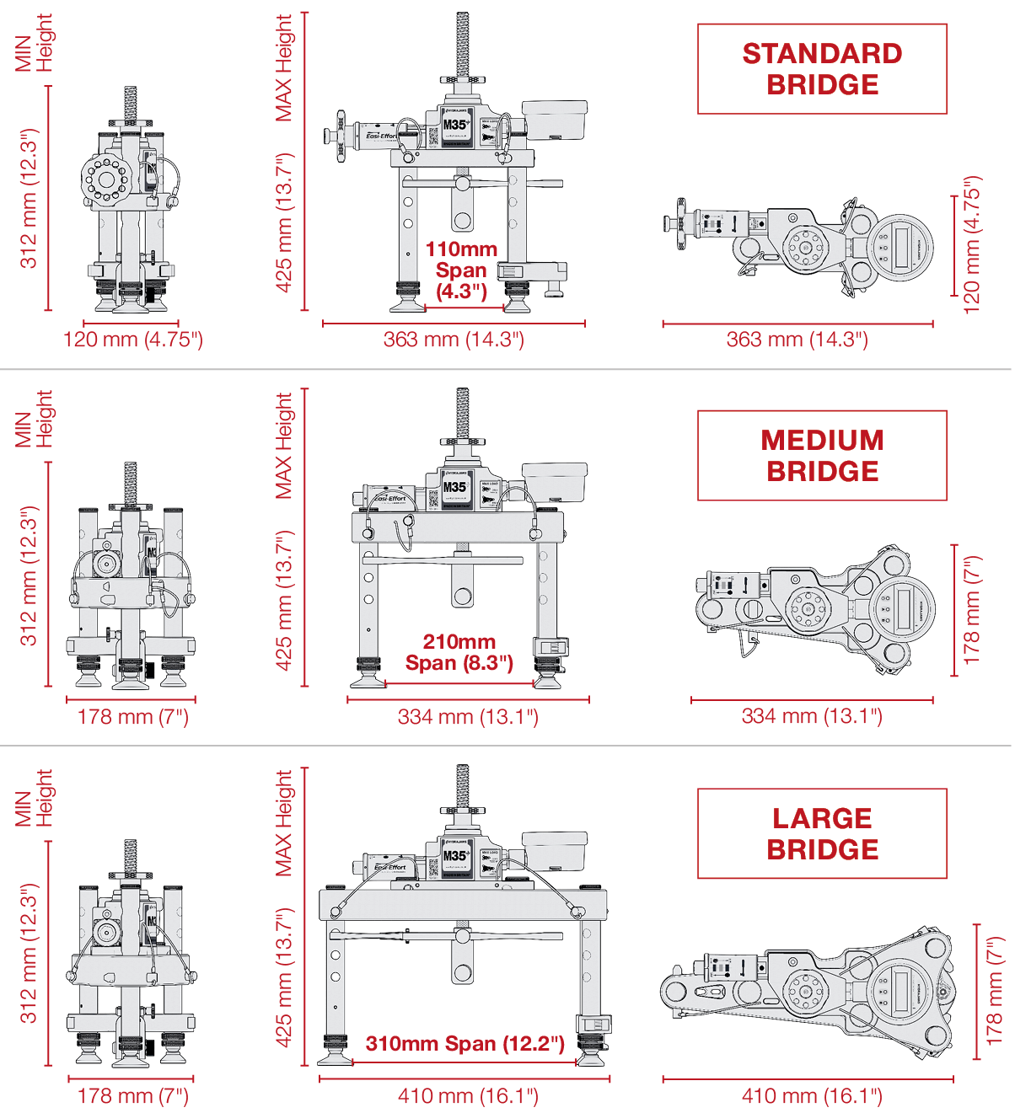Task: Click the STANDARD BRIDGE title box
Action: pos(822,69)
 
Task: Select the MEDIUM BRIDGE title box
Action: pos(822,456)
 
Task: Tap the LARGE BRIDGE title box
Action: pos(822,834)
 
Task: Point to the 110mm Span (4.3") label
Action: pos(461,270)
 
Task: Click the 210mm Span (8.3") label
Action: pos(459,652)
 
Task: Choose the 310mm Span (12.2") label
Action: pos(465,1044)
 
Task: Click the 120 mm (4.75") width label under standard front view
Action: pos(132,340)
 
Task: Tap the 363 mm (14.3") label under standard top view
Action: pos(797,340)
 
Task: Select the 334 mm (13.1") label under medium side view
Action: pos(467,717)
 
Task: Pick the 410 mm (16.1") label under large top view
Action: pos(811,1096)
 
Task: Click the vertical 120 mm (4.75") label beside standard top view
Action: pos(972,245)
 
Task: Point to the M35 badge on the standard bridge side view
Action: pos(456,125)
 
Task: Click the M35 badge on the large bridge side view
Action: pos(456,856)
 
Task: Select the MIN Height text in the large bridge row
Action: pos(34,797)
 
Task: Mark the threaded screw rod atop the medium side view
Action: pos(462,413)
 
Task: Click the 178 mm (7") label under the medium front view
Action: pos(132,717)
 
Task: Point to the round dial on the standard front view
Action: pos(107,179)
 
